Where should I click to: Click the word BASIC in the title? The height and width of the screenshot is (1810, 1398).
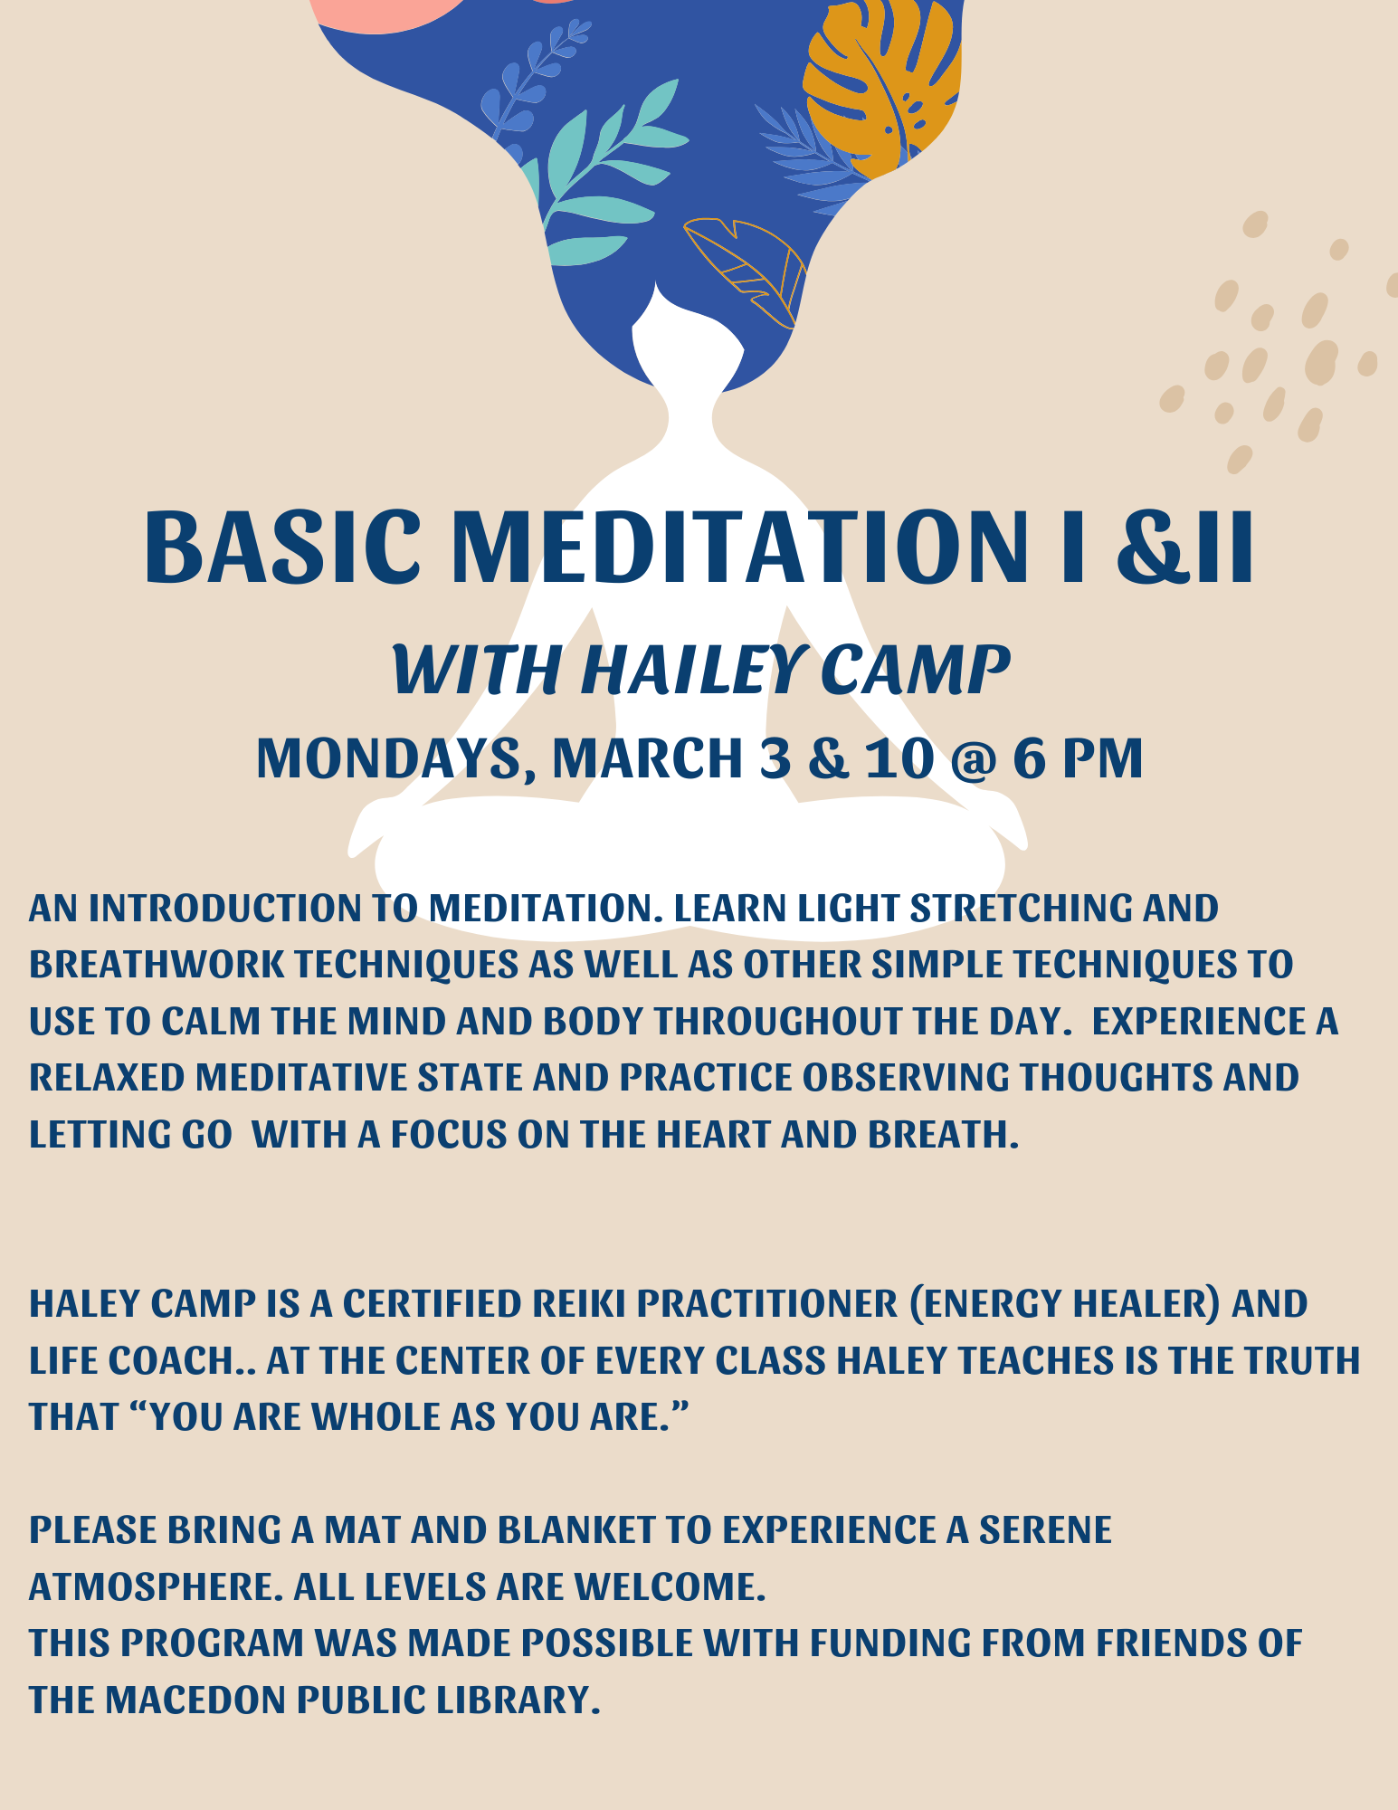281,547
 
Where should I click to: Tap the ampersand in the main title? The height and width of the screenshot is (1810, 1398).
1152,547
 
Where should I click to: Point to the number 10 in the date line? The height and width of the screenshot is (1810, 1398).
899,758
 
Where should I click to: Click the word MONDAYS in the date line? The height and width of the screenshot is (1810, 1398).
389,758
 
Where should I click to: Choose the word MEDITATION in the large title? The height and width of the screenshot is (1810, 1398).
740,547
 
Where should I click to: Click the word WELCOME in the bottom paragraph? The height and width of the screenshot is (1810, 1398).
669,1587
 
